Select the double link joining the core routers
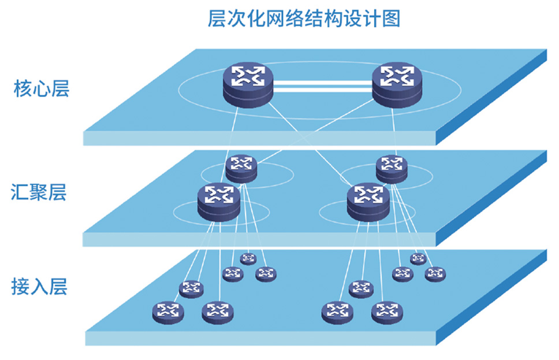coord(322,86)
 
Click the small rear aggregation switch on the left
coord(241,168)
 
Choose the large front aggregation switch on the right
coord(368,202)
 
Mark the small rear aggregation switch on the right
coord(392,168)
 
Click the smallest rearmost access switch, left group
coord(248,258)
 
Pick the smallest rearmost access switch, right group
coord(418,258)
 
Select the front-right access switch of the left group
coord(217,312)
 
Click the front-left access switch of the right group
coord(337,312)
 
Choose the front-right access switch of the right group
coord(387,312)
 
